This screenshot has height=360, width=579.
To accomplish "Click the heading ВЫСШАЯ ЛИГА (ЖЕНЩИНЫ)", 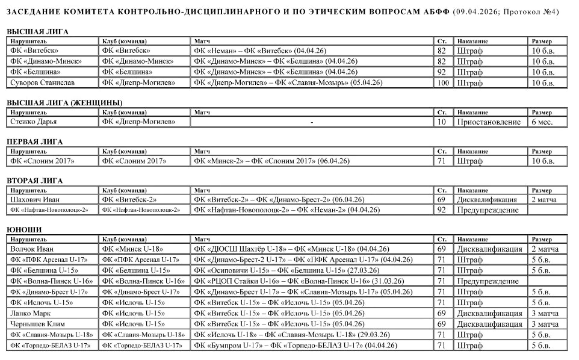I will coord(64,102).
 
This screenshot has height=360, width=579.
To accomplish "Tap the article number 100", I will coord(443,82).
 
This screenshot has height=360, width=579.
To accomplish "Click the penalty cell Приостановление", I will coord(488,122).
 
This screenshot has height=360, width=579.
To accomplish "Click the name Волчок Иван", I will coord(32,249).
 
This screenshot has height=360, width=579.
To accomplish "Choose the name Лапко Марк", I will coord(31,314).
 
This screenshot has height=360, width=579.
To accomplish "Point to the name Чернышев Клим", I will coord(37,324).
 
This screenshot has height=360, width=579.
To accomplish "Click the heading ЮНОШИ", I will coord(24,229).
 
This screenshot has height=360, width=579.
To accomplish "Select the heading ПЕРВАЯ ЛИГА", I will coord(34,141).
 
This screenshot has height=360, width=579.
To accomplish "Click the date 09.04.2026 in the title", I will coord(475,11).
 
